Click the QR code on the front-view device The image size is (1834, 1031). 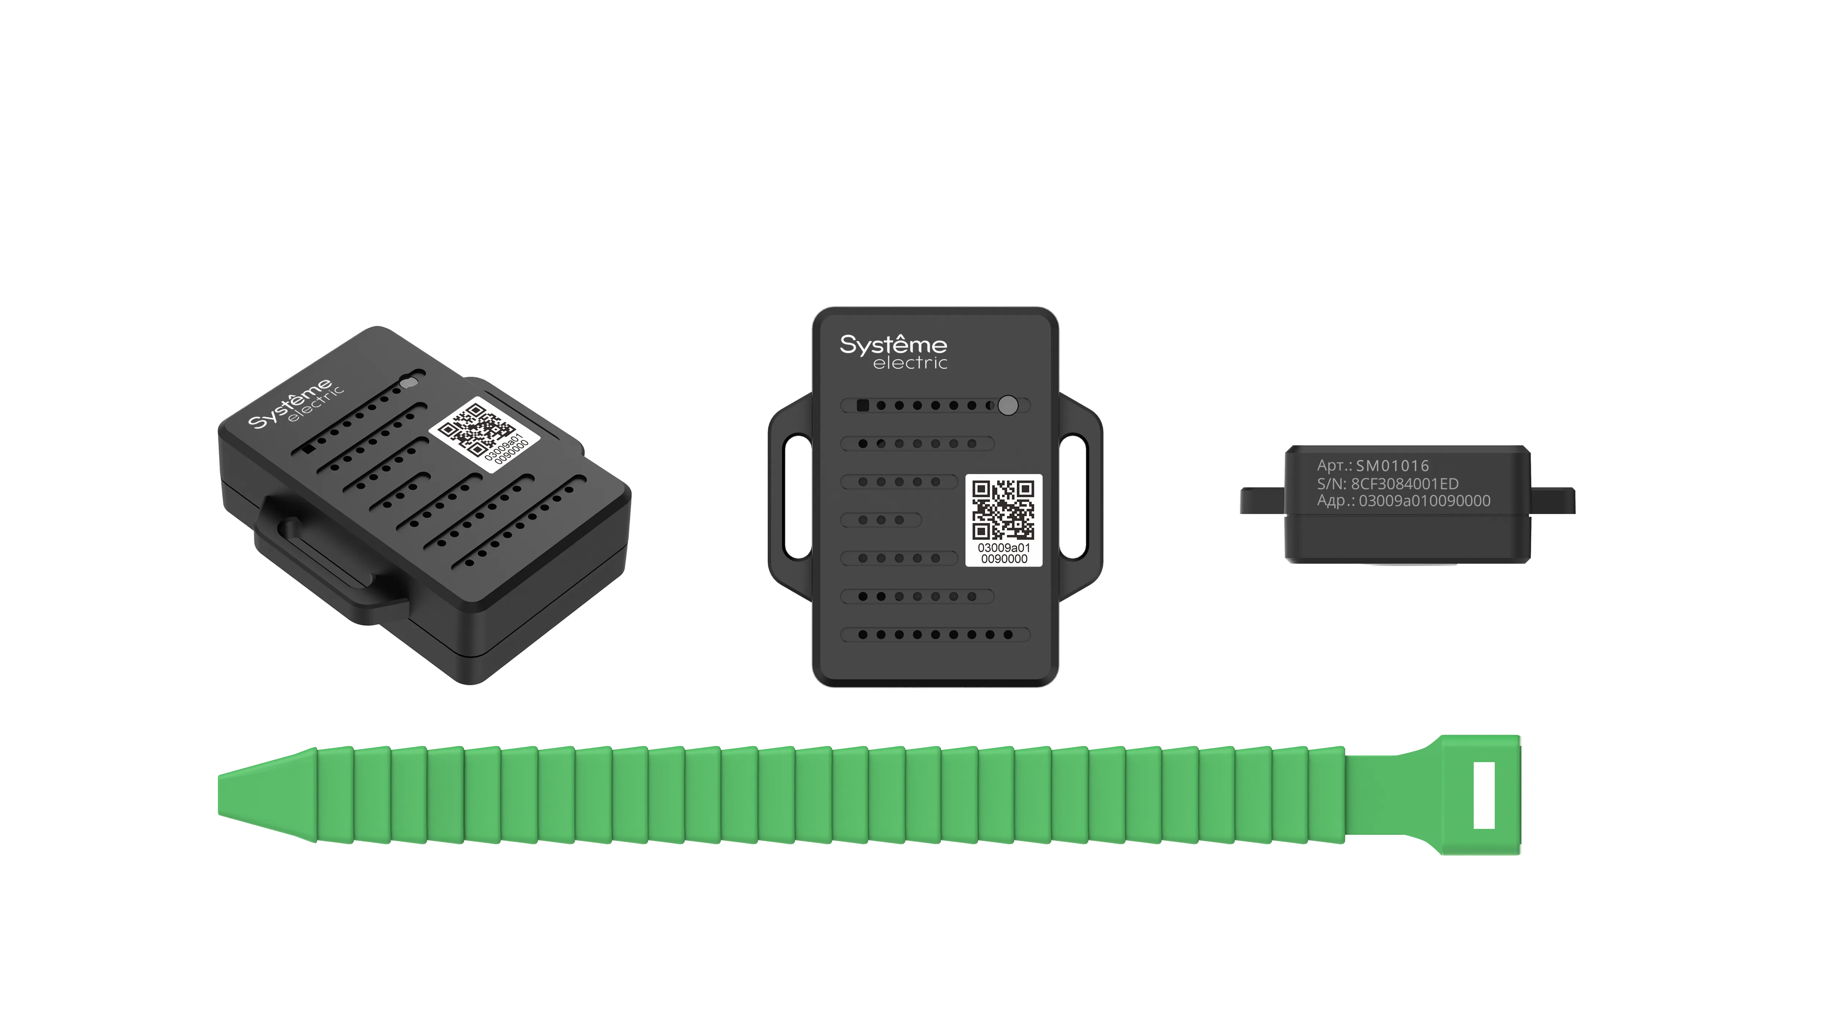(x=1003, y=510)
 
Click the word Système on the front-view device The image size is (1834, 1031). (x=893, y=345)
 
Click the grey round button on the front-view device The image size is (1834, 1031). (x=1008, y=405)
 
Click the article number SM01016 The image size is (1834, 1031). (x=1392, y=466)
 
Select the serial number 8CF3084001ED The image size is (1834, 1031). (x=1404, y=484)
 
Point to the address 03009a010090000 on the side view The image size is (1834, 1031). (x=1424, y=500)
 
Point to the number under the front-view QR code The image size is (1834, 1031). (x=1004, y=553)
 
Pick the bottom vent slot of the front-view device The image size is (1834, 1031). (x=935, y=634)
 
